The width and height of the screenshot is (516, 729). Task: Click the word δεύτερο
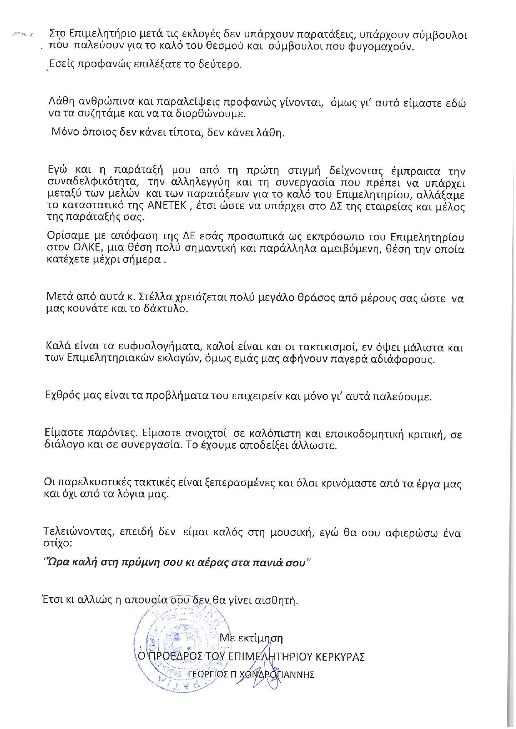[x=223, y=65]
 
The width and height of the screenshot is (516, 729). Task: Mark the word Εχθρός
[x=60, y=395]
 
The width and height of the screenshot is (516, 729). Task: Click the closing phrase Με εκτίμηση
[x=251, y=638]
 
